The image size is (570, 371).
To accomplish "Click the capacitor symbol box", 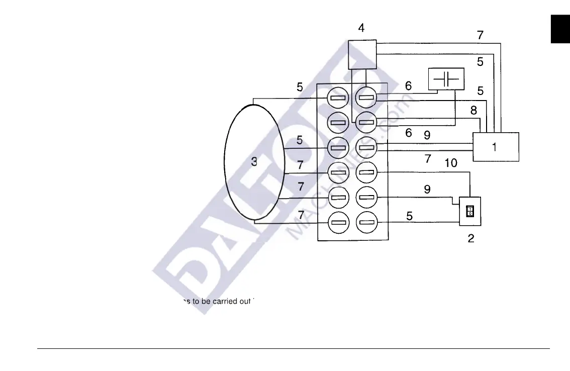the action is [446, 79].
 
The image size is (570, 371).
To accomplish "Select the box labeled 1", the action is [496, 147].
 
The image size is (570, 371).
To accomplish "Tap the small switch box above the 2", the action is [470, 211].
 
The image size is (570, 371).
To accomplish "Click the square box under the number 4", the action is [362, 54].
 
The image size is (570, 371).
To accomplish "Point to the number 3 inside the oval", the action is [254, 162].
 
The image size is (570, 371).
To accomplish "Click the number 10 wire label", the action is [450, 163].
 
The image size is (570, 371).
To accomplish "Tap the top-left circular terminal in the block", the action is [338, 97].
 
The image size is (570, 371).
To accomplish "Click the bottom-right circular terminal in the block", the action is [366, 222].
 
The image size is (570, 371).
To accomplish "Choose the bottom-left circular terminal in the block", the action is [338, 222].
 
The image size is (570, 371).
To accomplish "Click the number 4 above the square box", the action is [361, 28].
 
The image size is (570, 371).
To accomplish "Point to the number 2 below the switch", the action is [471, 238].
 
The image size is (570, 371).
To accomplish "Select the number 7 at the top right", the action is [480, 35].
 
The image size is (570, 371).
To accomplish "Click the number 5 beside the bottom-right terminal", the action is [410, 216].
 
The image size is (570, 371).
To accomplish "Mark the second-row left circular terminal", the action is [338, 122].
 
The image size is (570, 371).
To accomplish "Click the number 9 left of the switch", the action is [427, 190].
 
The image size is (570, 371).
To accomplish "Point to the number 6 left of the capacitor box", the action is [409, 86].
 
